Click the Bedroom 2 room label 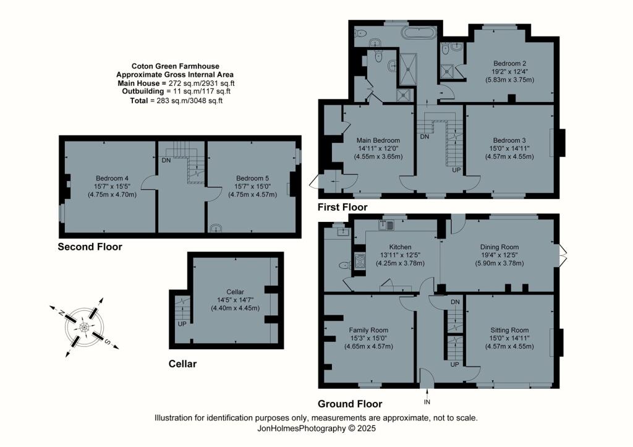coord(509,63)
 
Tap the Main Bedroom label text coord(378,140)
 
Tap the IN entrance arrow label coord(427,402)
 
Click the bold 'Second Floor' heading coord(90,247)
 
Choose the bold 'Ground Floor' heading coord(350,404)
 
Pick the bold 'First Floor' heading coord(342,207)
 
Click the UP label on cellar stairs coord(182,323)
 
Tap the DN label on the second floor coord(166,160)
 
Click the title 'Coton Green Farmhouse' coord(176,66)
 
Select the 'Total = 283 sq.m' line coord(176,100)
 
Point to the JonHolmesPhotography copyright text coord(316,428)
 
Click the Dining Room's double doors coord(563,253)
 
